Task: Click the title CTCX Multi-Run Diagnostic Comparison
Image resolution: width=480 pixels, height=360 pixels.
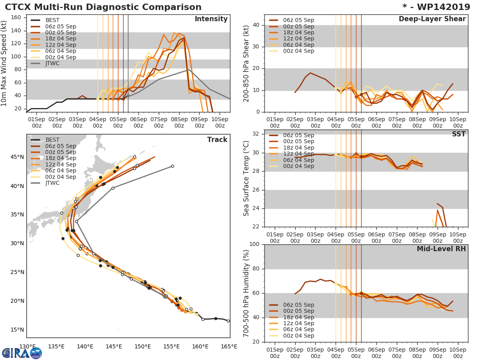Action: click(x=103, y=7)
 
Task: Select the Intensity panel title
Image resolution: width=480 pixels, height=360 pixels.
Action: click(x=211, y=19)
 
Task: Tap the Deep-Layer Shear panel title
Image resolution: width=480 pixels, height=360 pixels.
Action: click(x=432, y=19)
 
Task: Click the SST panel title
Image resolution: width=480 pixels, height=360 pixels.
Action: click(x=458, y=134)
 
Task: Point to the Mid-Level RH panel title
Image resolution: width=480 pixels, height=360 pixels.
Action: click(x=441, y=249)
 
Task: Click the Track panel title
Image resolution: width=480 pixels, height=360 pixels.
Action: click(x=217, y=140)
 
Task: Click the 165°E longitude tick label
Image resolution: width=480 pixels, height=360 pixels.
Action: click(x=228, y=346)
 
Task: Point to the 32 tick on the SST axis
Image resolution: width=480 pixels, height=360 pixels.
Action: click(x=255, y=134)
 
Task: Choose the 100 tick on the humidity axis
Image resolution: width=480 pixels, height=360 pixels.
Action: click(x=254, y=244)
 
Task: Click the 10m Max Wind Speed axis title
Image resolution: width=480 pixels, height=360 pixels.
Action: click(x=4, y=63)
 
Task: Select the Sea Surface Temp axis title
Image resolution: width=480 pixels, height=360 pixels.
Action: click(x=246, y=178)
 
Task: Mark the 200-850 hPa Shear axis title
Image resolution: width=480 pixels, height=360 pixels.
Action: click(x=246, y=63)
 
